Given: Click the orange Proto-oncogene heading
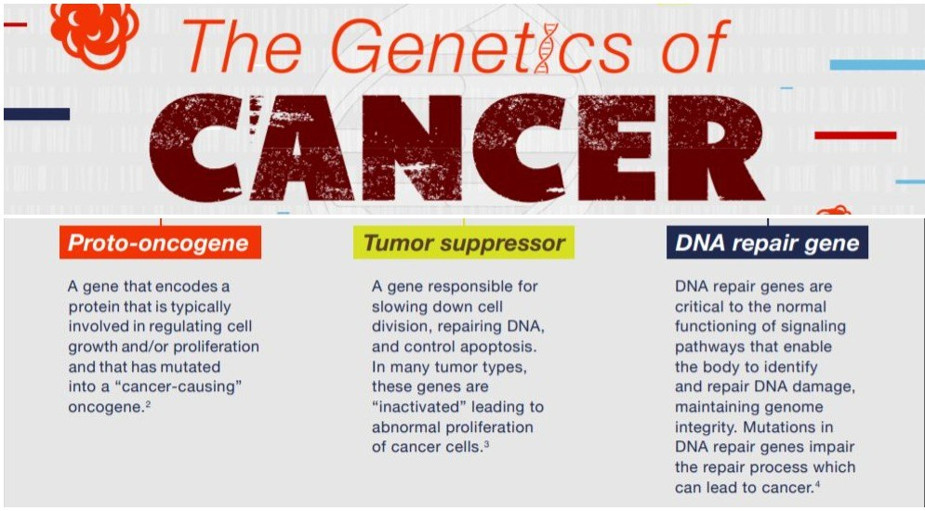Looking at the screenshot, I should pos(159,243).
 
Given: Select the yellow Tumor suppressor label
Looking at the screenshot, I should pos(463,243).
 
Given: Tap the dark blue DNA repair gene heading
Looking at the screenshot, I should pos(767,243).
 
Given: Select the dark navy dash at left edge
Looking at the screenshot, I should pos(36,114).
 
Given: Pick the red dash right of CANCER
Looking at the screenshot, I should pos(854,136).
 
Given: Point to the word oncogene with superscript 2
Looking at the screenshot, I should pos(105,407).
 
